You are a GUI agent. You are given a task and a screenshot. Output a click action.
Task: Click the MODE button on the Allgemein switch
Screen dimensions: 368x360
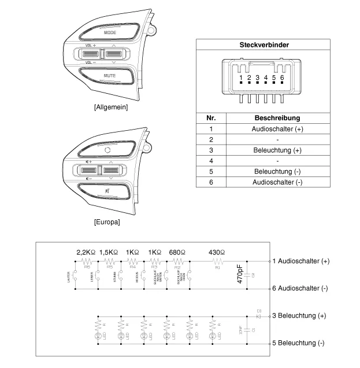coord(110,33)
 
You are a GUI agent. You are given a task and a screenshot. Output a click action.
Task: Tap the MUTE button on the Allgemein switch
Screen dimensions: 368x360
coord(110,76)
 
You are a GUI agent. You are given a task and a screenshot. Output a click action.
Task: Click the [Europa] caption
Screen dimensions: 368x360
coord(106,222)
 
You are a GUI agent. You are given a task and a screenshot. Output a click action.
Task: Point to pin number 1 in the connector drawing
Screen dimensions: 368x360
coord(241,77)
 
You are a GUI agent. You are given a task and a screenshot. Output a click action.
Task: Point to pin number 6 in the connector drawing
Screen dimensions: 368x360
coord(282,77)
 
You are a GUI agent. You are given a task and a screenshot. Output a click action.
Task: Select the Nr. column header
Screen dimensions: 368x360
coord(211,117)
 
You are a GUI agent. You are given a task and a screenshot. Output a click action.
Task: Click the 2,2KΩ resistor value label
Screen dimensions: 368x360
coord(88,252)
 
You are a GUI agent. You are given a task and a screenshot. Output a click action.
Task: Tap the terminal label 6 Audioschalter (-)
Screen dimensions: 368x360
coord(300,288)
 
